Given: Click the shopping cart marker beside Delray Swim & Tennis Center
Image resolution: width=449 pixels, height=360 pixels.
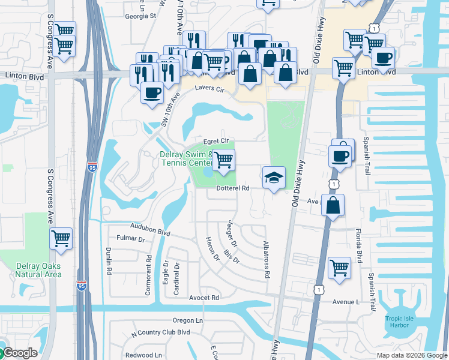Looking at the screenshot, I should coord(223,160).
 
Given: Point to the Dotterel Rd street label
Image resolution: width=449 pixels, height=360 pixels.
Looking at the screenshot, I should coord(232,188).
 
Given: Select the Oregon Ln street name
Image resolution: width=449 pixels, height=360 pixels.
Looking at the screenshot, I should coord(188,320).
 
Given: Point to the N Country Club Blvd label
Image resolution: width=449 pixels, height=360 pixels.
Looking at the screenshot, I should coord(160,332).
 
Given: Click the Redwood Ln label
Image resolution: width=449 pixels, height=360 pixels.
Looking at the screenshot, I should coord(143,355).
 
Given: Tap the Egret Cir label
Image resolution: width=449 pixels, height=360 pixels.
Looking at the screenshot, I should coord(217,140).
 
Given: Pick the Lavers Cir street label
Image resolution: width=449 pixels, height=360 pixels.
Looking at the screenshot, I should coord(209,88).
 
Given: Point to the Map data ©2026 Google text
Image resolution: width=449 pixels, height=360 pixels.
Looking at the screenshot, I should coord(412,355).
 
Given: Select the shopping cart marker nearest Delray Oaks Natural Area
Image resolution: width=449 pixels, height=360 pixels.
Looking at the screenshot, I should coord(61,239).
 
